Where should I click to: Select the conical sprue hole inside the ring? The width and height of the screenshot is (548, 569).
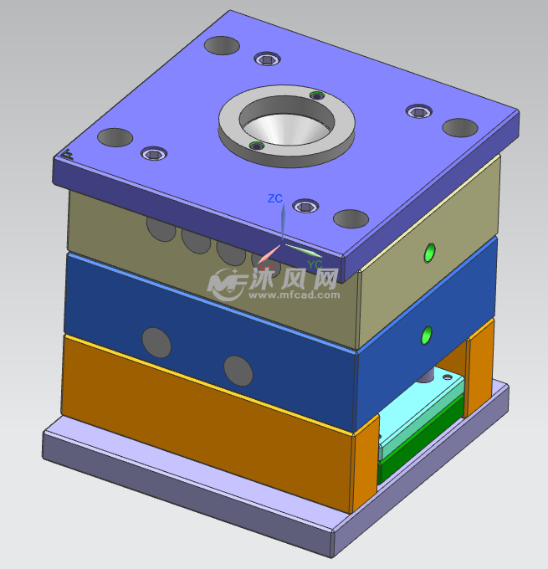click(x=283, y=126)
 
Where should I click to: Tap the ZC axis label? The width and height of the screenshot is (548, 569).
click(x=274, y=198)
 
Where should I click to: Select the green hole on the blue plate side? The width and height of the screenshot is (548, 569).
click(x=428, y=335)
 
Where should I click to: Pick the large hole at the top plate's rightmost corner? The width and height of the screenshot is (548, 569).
click(x=460, y=128)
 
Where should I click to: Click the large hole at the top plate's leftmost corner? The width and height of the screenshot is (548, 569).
click(x=115, y=137)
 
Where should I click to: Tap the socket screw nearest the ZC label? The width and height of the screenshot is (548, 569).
click(x=306, y=208)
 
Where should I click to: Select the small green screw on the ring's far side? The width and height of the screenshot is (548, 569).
click(x=316, y=96)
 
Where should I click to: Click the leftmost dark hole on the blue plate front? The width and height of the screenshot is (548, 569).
click(x=156, y=341)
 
